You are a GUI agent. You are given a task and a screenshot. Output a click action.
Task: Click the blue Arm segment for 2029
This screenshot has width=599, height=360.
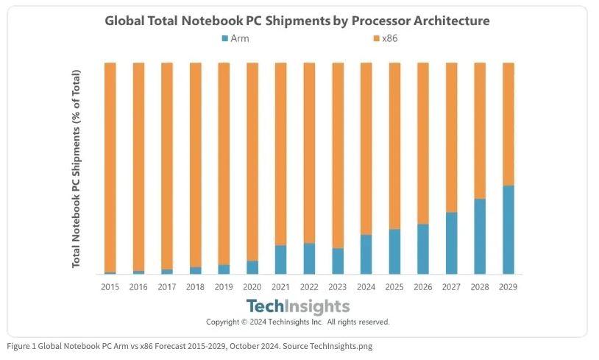click(508, 230)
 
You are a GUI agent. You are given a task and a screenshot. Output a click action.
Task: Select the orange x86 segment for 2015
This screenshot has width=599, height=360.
click(110, 167)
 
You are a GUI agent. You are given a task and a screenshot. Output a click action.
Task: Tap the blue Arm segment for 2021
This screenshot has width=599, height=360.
click(280, 259)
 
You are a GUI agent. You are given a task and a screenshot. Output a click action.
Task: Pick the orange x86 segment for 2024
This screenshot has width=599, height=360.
click(366, 149)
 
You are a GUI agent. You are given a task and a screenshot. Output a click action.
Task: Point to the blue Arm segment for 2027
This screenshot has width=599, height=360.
click(451, 243)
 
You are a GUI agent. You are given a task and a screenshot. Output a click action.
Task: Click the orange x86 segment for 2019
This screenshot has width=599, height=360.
click(224, 163)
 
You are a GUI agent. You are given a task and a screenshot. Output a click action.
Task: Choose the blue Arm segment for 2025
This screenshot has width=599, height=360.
click(394, 251)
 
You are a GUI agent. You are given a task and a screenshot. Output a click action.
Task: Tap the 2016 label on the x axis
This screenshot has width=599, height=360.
click(138, 286)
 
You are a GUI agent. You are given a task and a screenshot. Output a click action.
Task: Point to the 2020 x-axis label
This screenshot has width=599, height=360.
click(252, 286)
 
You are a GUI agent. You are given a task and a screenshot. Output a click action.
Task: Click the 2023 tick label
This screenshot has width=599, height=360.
click(337, 286)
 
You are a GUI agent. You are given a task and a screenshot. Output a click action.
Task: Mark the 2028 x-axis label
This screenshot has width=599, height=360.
click(480, 286)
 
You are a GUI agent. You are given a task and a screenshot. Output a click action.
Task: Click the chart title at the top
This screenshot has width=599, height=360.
click(297, 20)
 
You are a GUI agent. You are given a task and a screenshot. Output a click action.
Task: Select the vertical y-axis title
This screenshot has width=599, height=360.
click(76, 169)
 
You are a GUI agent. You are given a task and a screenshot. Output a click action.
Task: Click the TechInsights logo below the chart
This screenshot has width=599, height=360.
click(297, 306)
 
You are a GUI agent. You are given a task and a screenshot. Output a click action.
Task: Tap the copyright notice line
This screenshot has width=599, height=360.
click(297, 322)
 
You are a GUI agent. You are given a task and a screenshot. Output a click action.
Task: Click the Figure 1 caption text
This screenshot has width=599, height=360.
click(190, 346)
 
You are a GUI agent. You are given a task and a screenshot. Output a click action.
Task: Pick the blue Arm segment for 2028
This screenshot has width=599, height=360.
click(480, 236)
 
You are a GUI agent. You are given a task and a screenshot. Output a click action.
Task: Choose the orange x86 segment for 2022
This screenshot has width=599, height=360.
click(309, 153)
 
